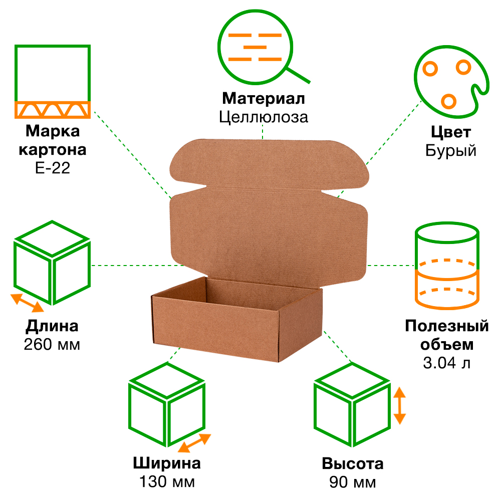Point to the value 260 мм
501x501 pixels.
coord(52,345)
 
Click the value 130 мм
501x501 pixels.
coord(167,482)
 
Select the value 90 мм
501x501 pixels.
coord(353,482)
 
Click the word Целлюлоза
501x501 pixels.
coord(263,117)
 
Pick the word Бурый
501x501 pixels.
coord(450,150)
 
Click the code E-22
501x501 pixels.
coord(53,168)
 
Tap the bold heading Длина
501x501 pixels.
coord(52,327)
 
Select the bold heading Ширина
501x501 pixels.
coord(167,463)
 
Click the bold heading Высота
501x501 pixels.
coord(353,463)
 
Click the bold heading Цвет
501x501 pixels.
coord(450,132)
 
